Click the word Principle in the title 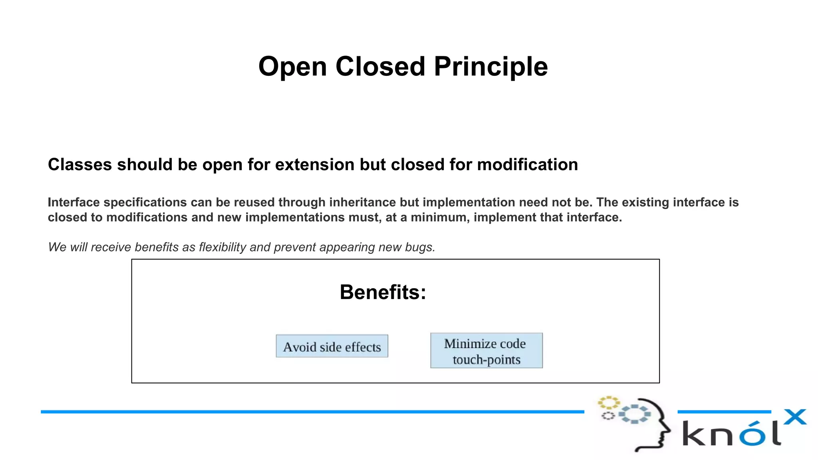[x=490, y=67]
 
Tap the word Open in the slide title [x=292, y=67]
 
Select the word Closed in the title [x=380, y=67]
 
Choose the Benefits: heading [x=383, y=292]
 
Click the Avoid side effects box [x=332, y=346]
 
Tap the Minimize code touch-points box [x=486, y=351]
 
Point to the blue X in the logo [x=795, y=417]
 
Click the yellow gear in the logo [x=608, y=402]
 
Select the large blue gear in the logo [x=634, y=414]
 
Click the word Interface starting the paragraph [x=73, y=202]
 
